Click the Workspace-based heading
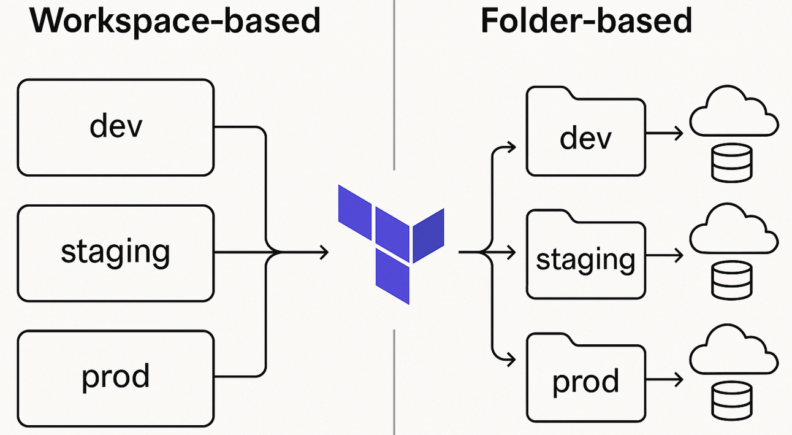coord(175,21)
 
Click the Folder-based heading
coord(586,21)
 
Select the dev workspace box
coord(116,128)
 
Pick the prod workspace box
coord(116,376)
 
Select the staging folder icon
coord(585,255)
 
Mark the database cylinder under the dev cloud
coord(731,163)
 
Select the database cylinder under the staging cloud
coord(731,280)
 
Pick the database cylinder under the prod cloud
coord(731,401)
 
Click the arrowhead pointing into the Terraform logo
coord(324,252)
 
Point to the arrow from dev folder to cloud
coord(664,133)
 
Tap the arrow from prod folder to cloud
coord(664,379)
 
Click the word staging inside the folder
coord(585,260)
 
